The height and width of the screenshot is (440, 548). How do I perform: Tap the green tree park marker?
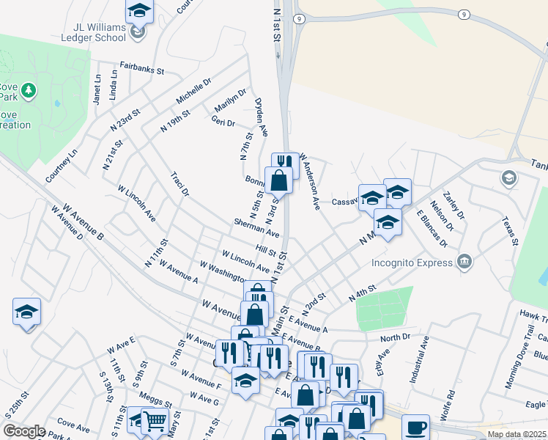[x=29, y=91]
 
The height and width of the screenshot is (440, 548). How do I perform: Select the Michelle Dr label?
[x=193, y=91]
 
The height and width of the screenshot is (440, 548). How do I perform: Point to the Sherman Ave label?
[x=256, y=227]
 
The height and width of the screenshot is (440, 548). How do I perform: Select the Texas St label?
[x=510, y=231]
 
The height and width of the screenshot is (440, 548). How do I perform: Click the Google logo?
[x=24, y=431]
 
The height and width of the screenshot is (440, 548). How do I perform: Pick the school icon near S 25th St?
[x=27, y=312]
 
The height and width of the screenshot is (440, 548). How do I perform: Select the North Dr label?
[x=396, y=338]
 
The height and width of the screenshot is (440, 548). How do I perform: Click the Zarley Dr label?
[x=456, y=206]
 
